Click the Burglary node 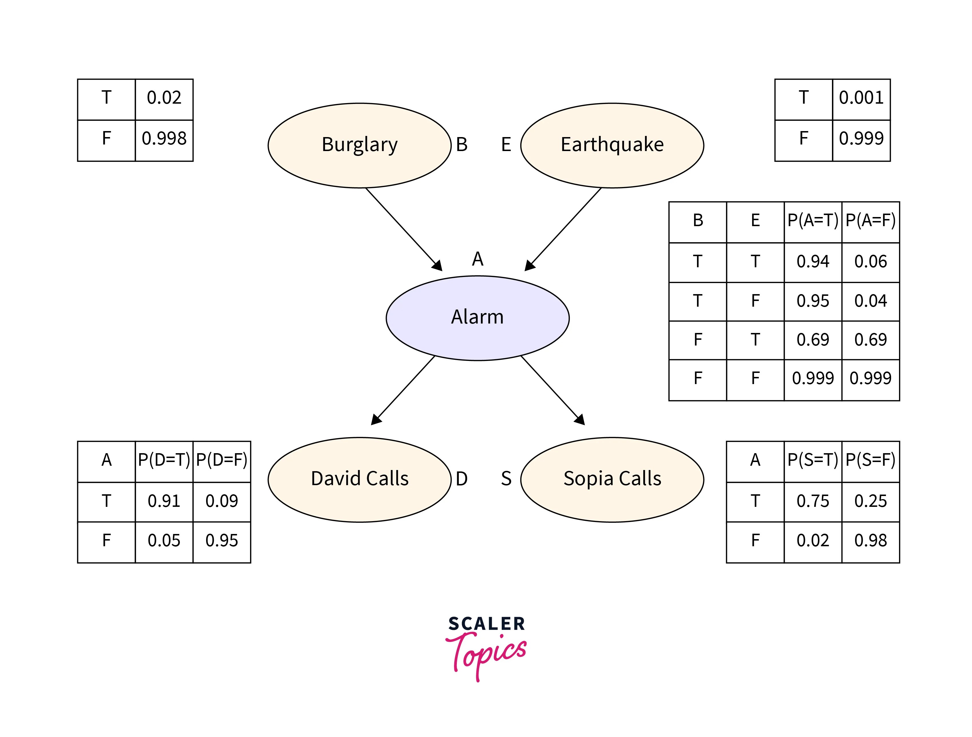point(359,145)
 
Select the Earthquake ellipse point(612,145)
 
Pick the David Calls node point(359,479)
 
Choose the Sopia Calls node point(612,479)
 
